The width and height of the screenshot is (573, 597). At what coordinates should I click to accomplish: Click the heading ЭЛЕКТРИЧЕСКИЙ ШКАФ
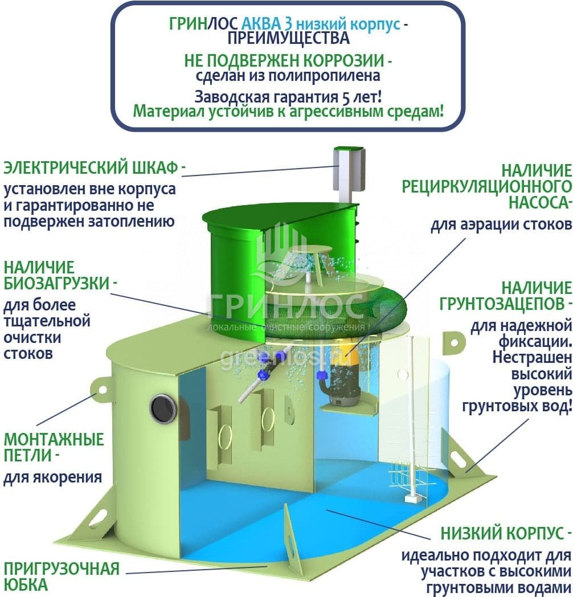(91, 168)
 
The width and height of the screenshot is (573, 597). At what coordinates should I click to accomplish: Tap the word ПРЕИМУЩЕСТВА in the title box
(289, 38)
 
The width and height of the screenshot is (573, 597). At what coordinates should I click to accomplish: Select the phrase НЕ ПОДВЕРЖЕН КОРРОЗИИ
(284, 61)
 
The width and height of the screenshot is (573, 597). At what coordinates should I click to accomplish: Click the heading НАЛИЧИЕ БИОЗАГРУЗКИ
(57, 275)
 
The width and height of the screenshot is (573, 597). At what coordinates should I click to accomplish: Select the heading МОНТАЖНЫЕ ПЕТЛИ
(54, 447)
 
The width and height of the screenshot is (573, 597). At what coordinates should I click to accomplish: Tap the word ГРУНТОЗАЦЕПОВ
(501, 304)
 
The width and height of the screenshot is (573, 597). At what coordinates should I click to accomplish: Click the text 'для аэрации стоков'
(501, 224)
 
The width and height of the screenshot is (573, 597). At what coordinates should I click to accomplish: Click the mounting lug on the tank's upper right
(453, 342)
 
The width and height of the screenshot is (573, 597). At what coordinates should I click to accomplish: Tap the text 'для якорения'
(52, 477)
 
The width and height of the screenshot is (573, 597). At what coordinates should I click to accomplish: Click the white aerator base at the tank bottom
(411, 498)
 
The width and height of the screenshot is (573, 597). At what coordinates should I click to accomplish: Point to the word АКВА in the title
(261, 24)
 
